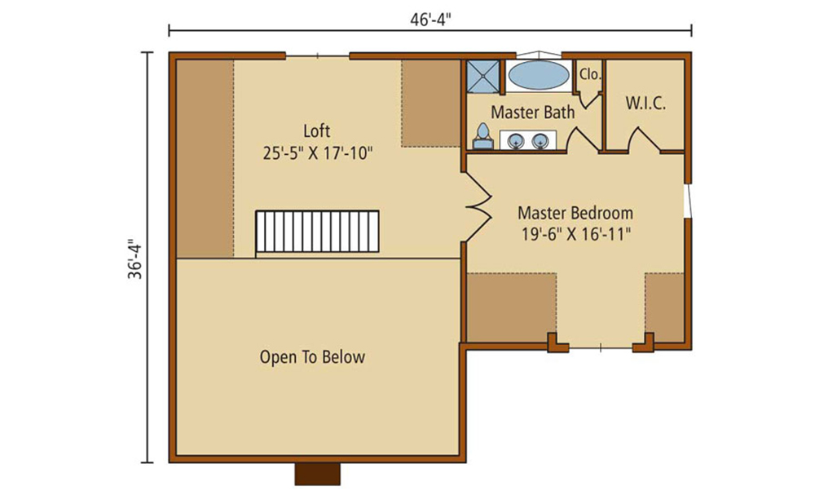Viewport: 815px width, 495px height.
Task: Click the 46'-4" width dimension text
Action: pos(430,20)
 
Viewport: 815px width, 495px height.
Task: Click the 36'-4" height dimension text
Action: pos(135,259)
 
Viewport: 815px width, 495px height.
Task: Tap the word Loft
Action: pos(316,130)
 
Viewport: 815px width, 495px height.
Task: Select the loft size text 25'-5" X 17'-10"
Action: pos(318,153)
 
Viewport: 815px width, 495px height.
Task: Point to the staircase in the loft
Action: pos(317,232)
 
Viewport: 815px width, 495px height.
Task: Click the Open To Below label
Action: pos(312,356)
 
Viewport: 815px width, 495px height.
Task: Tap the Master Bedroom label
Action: pos(575,213)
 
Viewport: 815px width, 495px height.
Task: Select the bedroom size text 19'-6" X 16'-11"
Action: pos(576,235)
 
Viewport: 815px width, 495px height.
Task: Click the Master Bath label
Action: pos(533,112)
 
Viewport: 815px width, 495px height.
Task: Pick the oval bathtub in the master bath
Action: pos(539,75)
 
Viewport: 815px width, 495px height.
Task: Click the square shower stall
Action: pos(482,77)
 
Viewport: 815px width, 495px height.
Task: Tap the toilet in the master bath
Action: pos(482,136)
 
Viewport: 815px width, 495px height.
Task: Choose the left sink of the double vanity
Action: pos(516,140)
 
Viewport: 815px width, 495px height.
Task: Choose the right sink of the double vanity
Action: pos(540,140)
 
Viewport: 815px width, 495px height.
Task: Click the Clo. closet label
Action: pos(590,74)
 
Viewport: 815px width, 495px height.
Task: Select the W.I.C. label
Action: pos(645,103)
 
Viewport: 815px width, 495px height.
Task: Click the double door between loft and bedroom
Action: pos(478,206)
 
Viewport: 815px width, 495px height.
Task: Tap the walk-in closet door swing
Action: pos(645,139)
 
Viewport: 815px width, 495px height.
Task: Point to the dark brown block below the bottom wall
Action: pos(318,474)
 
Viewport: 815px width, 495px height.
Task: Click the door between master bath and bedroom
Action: pos(583,139)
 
